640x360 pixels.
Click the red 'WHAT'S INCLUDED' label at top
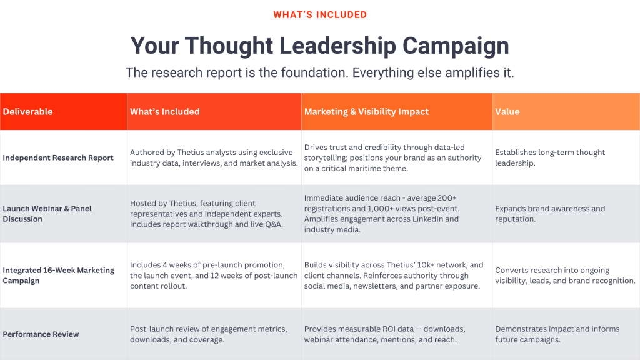[320, 15]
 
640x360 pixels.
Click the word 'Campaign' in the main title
[456, 46]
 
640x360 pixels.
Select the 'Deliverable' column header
[27, 111]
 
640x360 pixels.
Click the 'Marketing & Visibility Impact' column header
[366, 111]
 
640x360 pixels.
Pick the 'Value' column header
[507, 111]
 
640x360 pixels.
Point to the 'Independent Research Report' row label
[58, 157]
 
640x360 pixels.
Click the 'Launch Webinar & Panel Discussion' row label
[47, 214]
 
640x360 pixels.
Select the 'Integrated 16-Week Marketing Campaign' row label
[58, 275]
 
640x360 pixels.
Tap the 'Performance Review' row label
[41, 334]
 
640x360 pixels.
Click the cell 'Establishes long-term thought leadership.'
[550, 157]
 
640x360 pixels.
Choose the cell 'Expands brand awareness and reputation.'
[550, 214]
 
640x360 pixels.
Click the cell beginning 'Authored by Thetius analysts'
[214, 157]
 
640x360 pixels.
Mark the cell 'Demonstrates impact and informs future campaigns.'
[557, 334]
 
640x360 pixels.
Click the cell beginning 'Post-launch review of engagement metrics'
[209, 334]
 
